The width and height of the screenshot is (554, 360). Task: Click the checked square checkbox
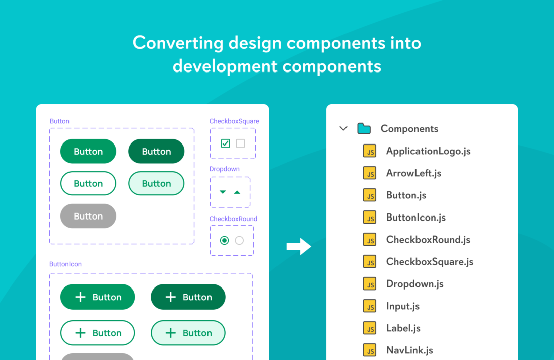coord(225,143)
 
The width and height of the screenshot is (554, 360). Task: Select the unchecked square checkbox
coord(240,143)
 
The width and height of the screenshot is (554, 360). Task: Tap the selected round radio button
coord(224,240)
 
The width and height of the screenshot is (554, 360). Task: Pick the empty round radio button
coord(239,240)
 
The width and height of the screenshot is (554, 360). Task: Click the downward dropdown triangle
coord(223,192)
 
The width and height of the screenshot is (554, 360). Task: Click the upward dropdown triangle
coord(237,192)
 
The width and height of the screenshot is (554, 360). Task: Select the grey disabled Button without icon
coord(88,216)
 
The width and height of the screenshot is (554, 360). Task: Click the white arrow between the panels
coord(299,246)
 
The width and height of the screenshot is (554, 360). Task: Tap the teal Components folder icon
coord(364,128)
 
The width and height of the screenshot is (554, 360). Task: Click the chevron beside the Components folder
coord(343,128)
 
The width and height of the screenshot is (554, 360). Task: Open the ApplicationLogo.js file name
coord(428,151)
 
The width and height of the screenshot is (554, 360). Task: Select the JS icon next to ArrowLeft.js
coord(370,173)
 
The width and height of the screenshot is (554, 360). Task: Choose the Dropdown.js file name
coord(415,284)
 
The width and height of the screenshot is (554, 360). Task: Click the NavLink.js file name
coord(409,350)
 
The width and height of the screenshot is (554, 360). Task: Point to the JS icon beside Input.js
coord(370,306)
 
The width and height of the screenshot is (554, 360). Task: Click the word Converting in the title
coord(178,43)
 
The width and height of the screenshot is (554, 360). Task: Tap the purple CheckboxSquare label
coord(234,121)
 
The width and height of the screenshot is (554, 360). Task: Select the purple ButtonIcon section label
coord(65,264)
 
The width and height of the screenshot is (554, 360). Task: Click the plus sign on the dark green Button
coord(171,297)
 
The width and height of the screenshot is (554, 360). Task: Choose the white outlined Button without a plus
coord(88,183)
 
